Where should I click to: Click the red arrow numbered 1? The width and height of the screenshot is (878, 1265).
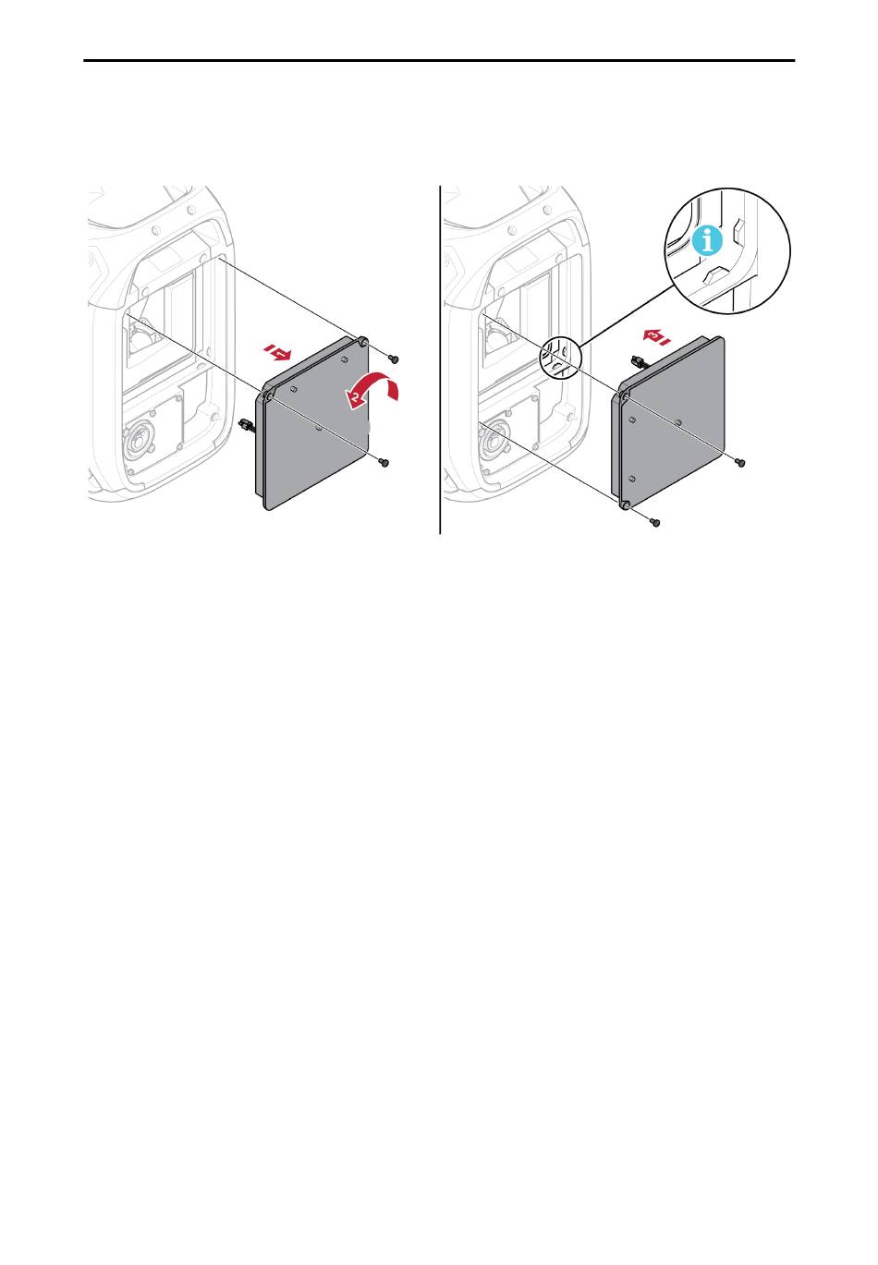point(277,352)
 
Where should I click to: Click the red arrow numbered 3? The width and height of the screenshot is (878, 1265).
point(656,336)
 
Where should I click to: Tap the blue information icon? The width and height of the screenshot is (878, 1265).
point(707,241)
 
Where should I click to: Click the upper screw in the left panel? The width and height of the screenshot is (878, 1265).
point(394,358)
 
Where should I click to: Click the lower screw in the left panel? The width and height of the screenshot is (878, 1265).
point(384,463)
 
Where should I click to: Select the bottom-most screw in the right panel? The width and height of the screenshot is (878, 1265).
point(655,522)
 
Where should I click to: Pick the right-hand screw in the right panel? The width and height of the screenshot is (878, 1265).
point(740,463)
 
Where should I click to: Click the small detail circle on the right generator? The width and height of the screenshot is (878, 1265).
point(559,357)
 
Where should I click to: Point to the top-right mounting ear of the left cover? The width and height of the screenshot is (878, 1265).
point(362,342)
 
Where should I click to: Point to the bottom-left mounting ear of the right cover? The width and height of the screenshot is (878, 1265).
point(625,502)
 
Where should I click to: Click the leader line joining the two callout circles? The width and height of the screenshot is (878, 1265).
point(626,314)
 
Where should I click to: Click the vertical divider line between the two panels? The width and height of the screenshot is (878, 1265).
point(440,359)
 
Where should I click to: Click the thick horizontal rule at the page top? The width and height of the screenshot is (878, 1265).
point(439,60)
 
